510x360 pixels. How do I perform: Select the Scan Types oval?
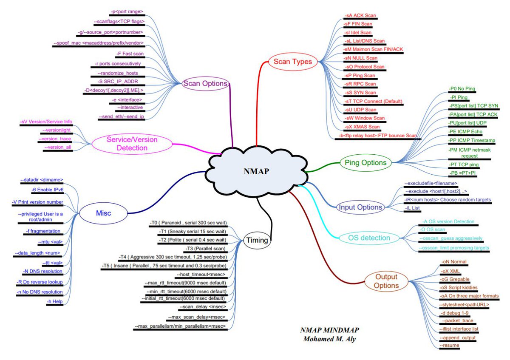pos(292,62)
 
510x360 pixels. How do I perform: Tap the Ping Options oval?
pos(365,162)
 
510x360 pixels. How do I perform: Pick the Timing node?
pos(257,240)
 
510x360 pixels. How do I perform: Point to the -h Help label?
pos(55,301)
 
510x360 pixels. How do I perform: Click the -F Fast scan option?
pos(130,54)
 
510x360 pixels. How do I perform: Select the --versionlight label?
pos(57,130)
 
